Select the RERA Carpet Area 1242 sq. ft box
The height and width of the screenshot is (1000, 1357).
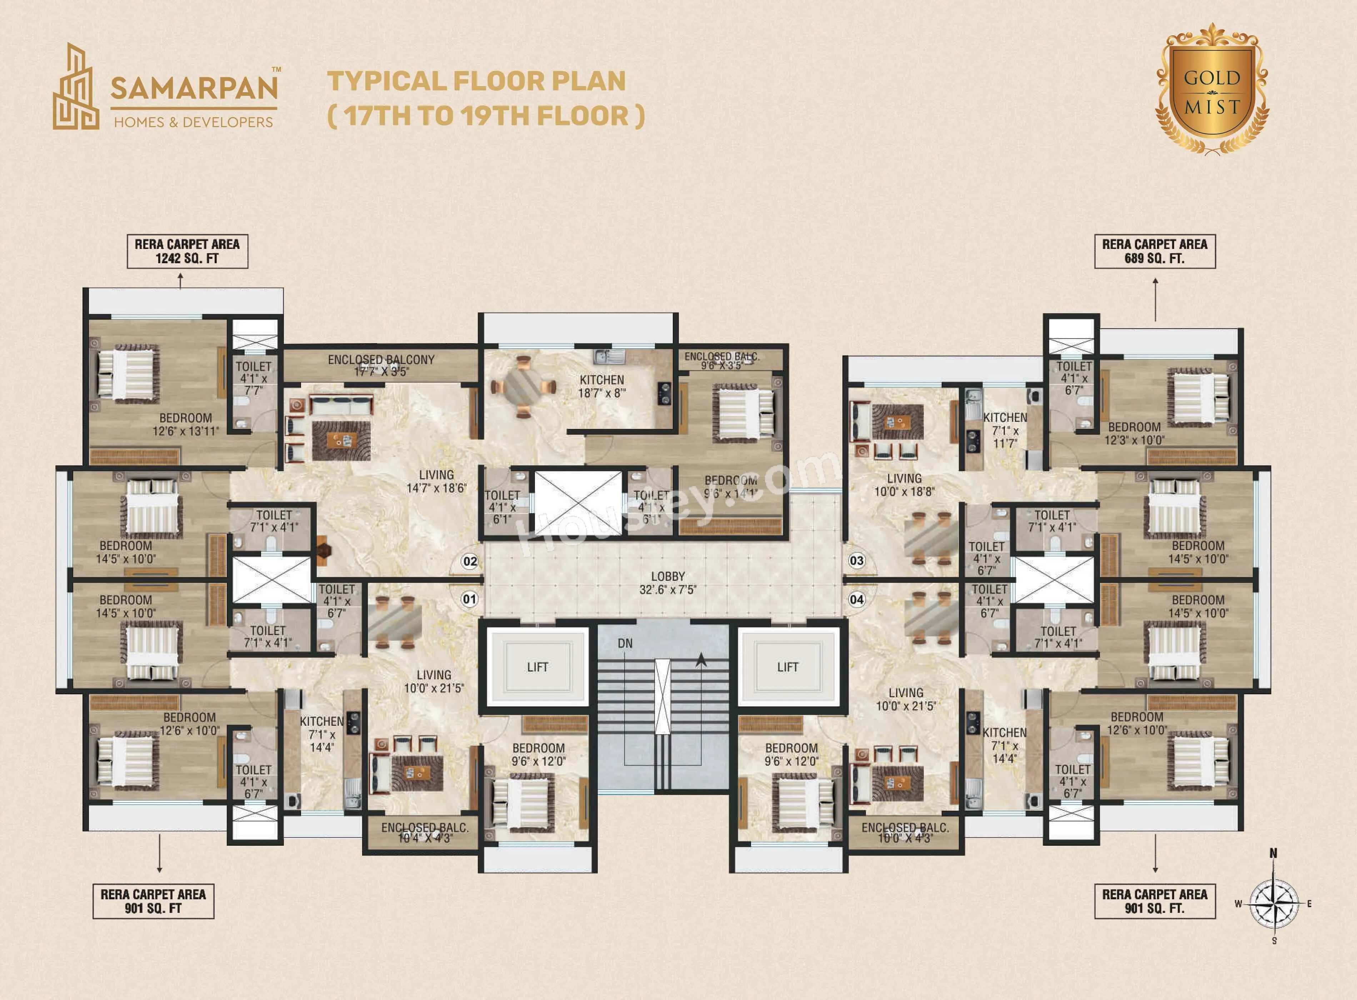point(187,251)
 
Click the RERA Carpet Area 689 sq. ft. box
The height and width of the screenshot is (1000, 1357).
point(1154,251)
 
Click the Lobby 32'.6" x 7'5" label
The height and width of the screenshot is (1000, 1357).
point(667,582)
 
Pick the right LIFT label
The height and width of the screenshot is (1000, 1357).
point(787,667)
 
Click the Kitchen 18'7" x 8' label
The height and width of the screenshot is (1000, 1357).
point(602,386)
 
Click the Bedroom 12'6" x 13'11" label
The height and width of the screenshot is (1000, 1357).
point(186,424)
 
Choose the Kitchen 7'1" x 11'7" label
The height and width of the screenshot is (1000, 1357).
point(1005,430)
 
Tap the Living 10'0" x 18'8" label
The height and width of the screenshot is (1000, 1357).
point(904,485)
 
